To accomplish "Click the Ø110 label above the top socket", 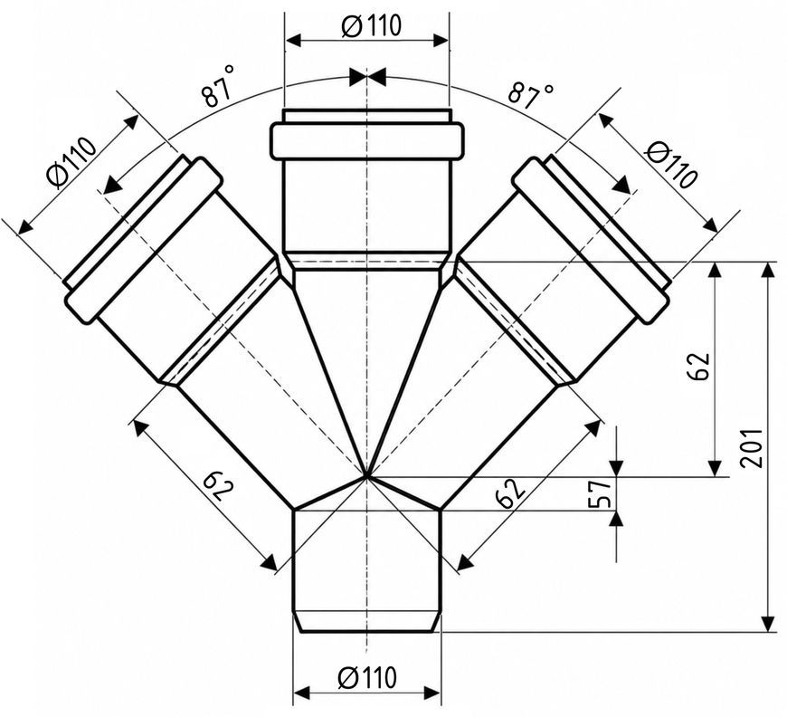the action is [x=372, y=25].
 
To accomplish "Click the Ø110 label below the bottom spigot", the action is [x=367, y=677].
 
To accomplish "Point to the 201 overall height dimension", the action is [x=752, y=448].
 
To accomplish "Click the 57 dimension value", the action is [x=601, y=492].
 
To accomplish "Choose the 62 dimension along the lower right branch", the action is [x=510, y=492].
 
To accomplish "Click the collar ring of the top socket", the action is [x=367, y=140].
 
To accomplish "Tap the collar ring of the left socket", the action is [x=144, y=240].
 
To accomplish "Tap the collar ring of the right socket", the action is [x=593, y=240].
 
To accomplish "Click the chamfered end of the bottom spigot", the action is [x=367, y=622].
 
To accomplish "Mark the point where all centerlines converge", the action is [x=367, y=475].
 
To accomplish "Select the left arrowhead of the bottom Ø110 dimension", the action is [x=300, y=693].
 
